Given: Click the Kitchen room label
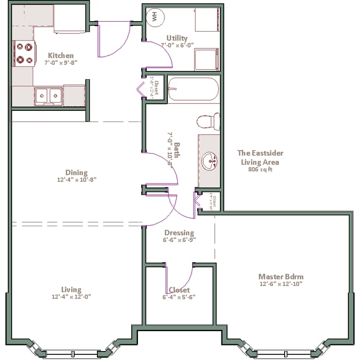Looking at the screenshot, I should pyautogui.click(x=60, y=55).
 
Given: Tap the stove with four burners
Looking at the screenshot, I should pyautogui.click(x=24, y=54).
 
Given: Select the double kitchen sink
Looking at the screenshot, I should pyautogui.click(x=48, y=96).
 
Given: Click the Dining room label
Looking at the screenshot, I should pyautogui.click(x=76, y=172).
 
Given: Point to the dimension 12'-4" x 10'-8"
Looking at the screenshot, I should pyautogui.click(x=76, y=180).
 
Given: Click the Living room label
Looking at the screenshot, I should pyautogui.click(x=71, y=289).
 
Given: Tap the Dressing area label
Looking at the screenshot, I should pyautogui.click(x=179, y=233).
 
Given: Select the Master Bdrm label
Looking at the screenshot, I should pyautogui.click(x=281, y=277).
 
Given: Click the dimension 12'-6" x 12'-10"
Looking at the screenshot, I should pyautogui.click(x=281, y=284).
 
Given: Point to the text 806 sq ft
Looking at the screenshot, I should pyautogui.click(x=260, y=170).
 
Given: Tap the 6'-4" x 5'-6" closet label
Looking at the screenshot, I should pyautogui.click(x=179, y=297).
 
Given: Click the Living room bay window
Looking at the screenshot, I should pyautogui.click(x=72, y=352).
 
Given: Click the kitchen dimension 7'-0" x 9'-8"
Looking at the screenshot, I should pyautogui.click(x=60, y=63).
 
